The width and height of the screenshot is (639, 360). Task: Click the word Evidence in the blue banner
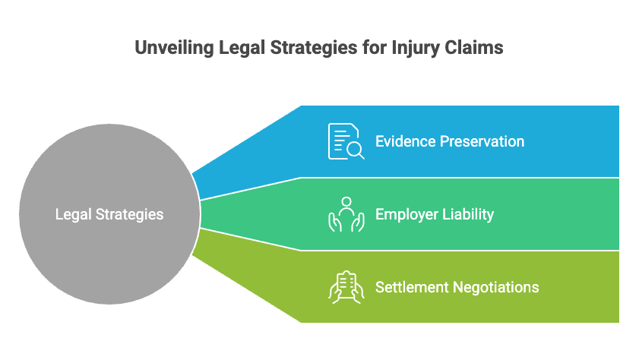point(405,141)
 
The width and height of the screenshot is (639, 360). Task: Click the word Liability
point(468,214)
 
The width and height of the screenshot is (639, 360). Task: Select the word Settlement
point(411,287)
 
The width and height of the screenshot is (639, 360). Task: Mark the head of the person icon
point(346,202)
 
